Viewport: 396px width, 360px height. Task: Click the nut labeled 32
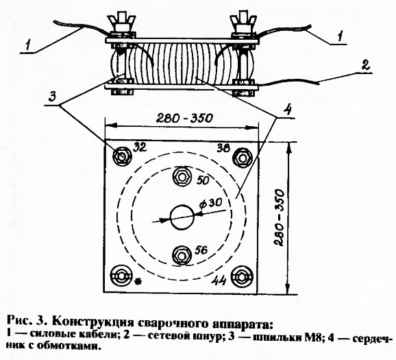pyautogui.click(x=122, y=156)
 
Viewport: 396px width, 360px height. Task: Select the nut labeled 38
pyautogui.click(x=243, y=158)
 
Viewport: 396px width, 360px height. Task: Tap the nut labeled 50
pyautogui.click(x=181, y=177)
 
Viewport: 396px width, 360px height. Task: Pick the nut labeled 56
pyautogui.click(x=181, y=256)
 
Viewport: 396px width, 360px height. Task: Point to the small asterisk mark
pyautogui.click(x=138, y=280)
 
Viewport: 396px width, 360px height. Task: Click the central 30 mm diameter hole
pyautogui.click(x=182, y=217)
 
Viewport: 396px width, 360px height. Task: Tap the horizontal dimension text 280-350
pyautogui.click(x=184, y=118)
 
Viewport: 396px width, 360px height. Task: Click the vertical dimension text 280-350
pyautogui.click(x=279, y=217)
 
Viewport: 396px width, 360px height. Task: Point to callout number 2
pyautogui.click(x=365, y=64)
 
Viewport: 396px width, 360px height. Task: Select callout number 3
pyautogui.click(x=52, y=96)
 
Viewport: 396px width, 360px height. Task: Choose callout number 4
pyautogui.click(x=287, y=110)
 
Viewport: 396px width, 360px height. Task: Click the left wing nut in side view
pyautogui.click(x=121, y=23)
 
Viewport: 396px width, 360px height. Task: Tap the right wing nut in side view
pyautogui.click(x=243, y=23)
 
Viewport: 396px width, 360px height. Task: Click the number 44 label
pyautogui.click(x=219, y=280)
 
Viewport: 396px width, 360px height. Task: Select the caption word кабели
pyautogui.click(x=98, y=336)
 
